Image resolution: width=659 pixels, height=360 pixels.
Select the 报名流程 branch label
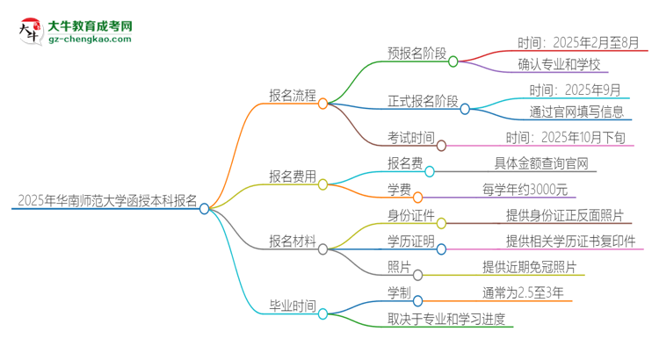[293, 95]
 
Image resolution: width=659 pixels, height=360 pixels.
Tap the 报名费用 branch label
[293, 176]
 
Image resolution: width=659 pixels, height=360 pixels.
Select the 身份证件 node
[410, 214]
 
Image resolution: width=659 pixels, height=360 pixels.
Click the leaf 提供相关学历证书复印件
[570, 241]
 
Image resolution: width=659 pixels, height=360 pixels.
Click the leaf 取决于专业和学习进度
[446, 318]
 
